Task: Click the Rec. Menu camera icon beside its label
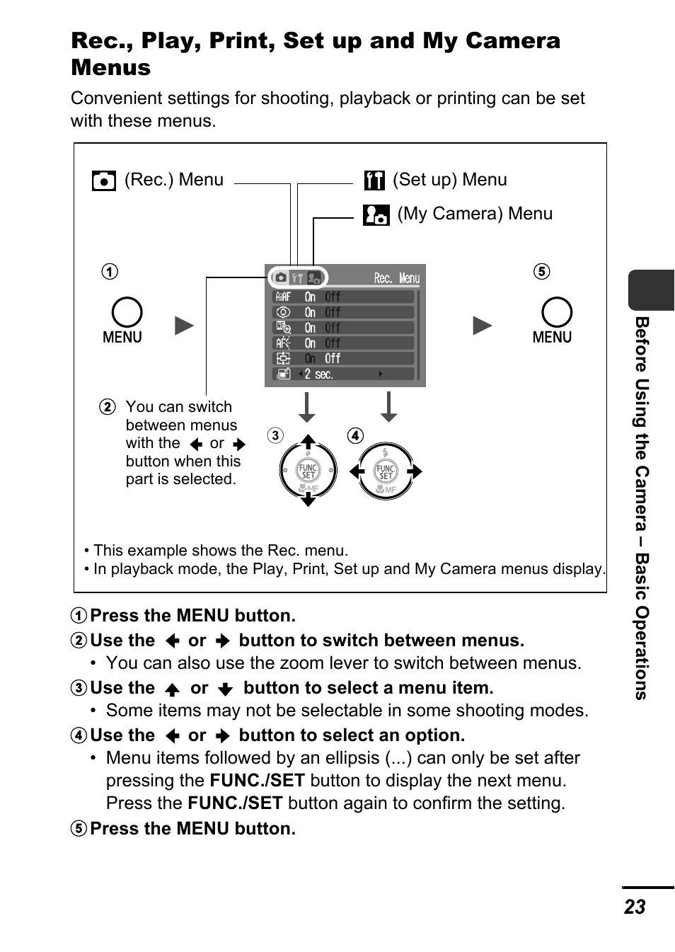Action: pos(103,180)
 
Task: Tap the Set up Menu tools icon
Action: pos(374,180)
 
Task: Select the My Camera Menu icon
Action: pos(376,214)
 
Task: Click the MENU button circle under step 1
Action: pos(127,312)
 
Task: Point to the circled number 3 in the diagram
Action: pos(275,435)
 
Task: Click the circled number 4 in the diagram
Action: pos(355,435)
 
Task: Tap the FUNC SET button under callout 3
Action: pos(308,471)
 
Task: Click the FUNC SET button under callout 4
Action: pos(386,471)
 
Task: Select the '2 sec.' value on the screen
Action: pos(318,374)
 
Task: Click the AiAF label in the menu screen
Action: pos(283,297)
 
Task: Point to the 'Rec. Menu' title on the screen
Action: pos(396,278)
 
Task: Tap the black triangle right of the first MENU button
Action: pos(185,326)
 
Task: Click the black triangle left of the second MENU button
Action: pos(483,326)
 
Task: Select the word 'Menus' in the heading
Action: pos(111,67)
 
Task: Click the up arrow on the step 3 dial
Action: pos(308,441)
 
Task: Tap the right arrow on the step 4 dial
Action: pos(415,471)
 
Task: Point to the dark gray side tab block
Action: pos(651,290)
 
